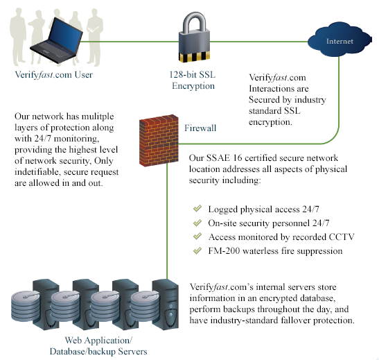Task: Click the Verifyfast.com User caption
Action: pos(54,74)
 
